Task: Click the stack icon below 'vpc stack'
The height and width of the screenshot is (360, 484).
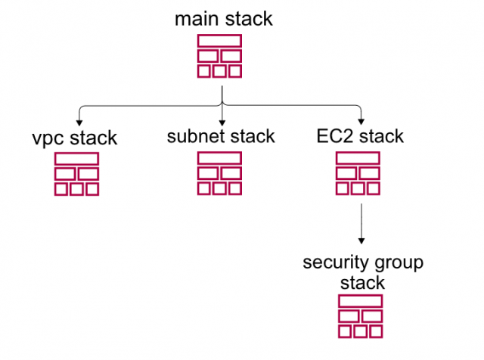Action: pos(76,174)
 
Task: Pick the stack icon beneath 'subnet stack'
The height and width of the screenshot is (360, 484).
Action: pos(219,174)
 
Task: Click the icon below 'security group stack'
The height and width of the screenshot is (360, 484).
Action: pos(360,316)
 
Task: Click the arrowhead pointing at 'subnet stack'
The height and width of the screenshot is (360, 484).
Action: pos(222,123)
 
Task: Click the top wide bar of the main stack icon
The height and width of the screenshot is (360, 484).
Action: pos(219,41)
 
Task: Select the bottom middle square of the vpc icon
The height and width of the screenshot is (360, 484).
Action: pos(76,189)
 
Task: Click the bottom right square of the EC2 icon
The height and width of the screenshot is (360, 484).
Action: pos(375,189)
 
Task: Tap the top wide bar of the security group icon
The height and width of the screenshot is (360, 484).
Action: pos(360,301)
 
